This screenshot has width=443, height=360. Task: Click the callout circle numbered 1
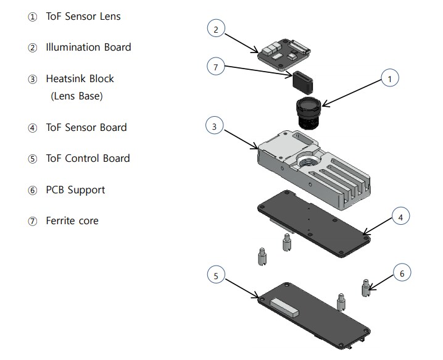coord(389,78)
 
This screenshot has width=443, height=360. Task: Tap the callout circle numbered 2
coord(215,29)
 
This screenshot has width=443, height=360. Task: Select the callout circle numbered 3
coord(213,126)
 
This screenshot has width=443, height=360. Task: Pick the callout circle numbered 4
coord(400,217)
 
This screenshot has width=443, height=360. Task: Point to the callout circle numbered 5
coord(215,275)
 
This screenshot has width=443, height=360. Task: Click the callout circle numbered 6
coord(402,272)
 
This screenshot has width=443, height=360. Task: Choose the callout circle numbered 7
coord(215,67)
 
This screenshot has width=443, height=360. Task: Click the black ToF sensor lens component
coord(307,112)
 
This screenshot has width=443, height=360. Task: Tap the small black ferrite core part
coord(304,80)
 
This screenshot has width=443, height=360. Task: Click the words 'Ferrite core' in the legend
coord(72,220)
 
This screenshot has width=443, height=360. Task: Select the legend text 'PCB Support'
coord(75,190)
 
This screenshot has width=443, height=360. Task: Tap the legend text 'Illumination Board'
coord(88,47)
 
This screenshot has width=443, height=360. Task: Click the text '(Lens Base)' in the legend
coord(77,96)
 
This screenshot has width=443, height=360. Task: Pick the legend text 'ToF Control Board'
coord(88,158)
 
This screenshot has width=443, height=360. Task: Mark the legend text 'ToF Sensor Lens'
coord(83,16)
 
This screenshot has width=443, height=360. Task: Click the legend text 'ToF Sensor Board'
coord(86,127)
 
